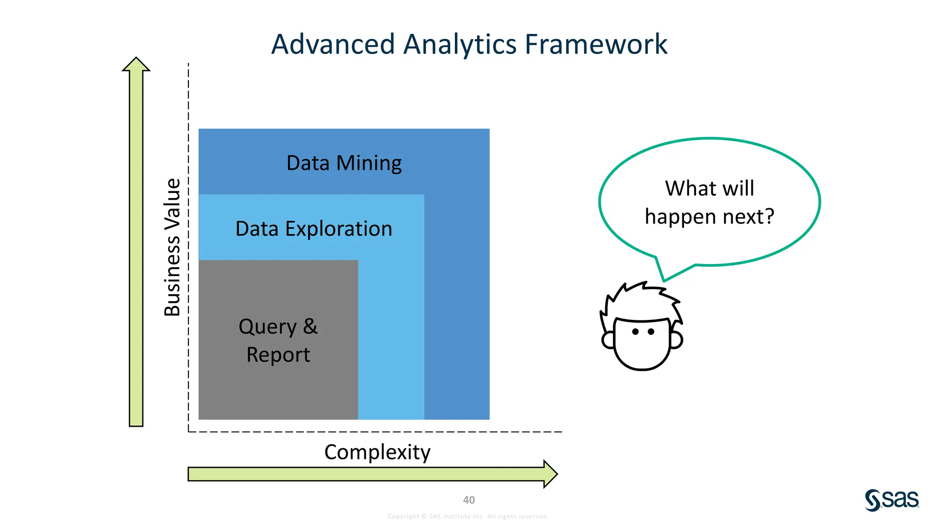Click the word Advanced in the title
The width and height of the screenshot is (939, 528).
tap(333, 44)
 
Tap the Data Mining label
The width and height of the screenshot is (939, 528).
tap(344, 163)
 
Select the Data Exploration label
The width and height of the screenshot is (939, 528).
tap(314, 229)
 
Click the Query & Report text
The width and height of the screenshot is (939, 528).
tap(278, 341)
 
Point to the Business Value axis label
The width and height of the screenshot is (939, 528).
tap(172, 247)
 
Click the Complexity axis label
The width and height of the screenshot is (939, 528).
tap(377, 452)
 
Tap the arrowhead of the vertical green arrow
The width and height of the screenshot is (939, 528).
tap(136, 65)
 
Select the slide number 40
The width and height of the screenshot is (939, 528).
tap(469, 500)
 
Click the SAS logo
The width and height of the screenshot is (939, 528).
tap(892, 500)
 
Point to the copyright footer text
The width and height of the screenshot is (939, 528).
tap(468, 517)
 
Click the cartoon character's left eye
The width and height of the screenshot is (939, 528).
tap(635, 331)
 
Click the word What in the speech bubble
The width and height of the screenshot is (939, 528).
tap(685, 188)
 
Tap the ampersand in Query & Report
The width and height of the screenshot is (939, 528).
tap(310, 326)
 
